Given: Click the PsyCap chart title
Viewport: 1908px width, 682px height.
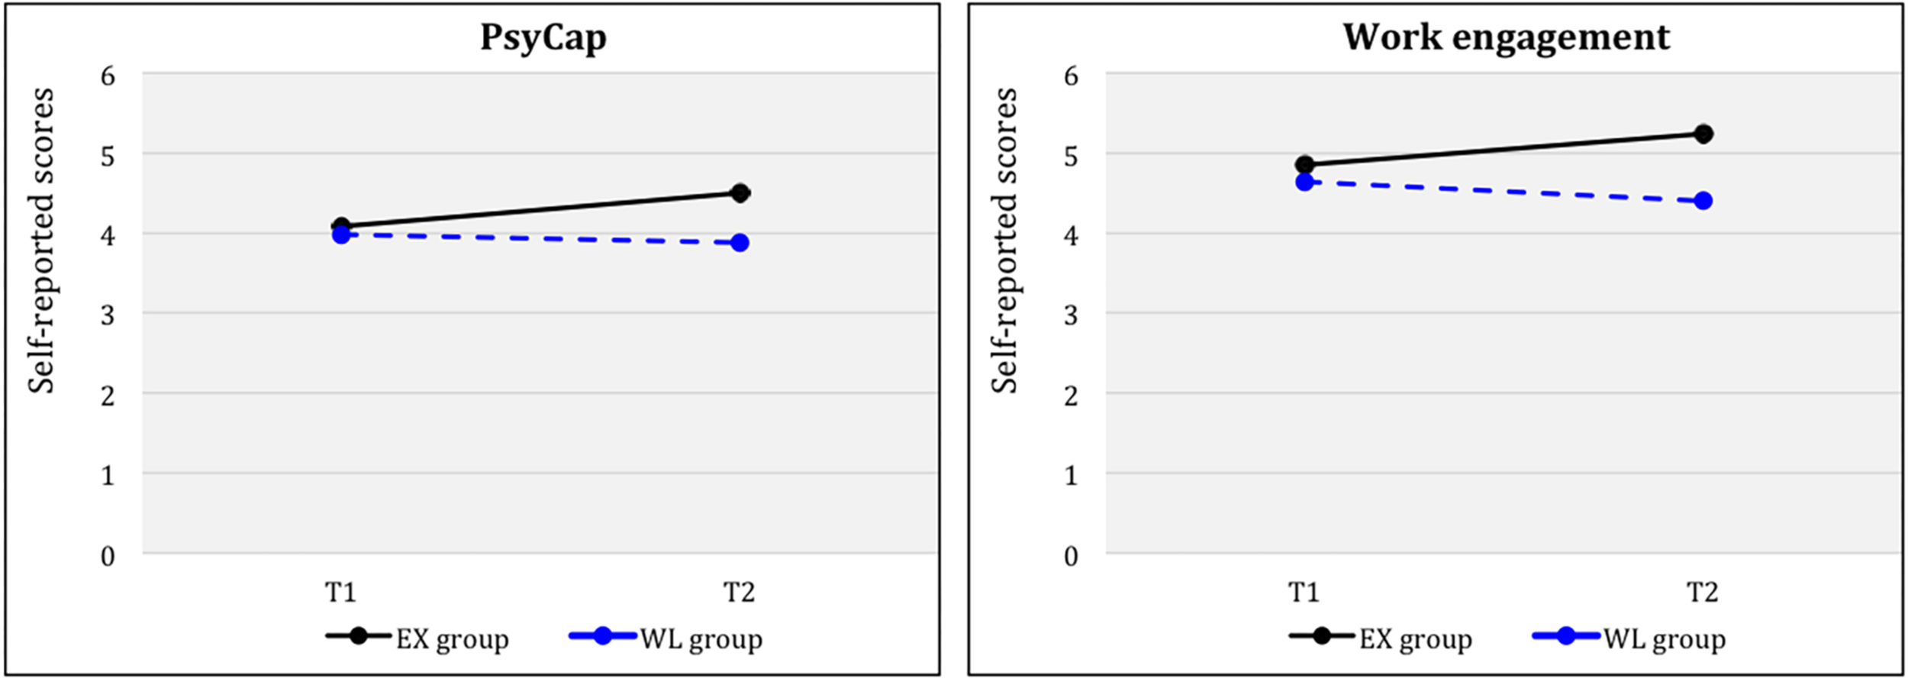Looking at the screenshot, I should point(543,37).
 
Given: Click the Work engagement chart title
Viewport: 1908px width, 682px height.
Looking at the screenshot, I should point(1506,37).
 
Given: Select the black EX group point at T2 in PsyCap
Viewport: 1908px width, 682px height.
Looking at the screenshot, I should point(739,192).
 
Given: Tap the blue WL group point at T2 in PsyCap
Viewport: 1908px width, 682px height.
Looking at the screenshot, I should point(739,243).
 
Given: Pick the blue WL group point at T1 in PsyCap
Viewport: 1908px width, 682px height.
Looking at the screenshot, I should point(341,234).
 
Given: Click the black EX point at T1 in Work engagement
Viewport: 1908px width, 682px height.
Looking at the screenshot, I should point(1304,164).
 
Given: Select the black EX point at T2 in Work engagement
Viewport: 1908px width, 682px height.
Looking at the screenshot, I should point(1703,134).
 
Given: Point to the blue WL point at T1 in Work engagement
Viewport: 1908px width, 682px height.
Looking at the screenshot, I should point(1304,182).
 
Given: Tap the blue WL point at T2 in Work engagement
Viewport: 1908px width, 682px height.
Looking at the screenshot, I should point(1703,201).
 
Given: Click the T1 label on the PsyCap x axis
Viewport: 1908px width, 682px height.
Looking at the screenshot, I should point(340,592).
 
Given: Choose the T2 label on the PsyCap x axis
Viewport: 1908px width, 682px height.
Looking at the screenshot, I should point(739,592).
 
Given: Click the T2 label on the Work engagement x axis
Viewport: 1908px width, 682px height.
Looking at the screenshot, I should point(1702,592).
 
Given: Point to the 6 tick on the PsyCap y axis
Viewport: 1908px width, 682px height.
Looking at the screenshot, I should point(108,76).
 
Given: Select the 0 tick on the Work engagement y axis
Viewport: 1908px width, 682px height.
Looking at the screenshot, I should point(1071,556).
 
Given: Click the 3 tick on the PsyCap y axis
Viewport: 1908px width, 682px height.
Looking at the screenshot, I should point(108,315).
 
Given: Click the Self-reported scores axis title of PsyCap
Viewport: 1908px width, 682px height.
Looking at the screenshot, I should point(41,241).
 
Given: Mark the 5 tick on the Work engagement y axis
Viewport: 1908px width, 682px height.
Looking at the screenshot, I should point(1071,156).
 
